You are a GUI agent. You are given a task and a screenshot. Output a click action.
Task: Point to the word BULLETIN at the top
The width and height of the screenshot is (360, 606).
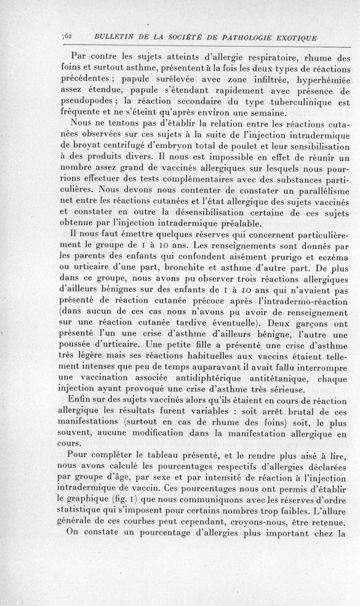[111, 38]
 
